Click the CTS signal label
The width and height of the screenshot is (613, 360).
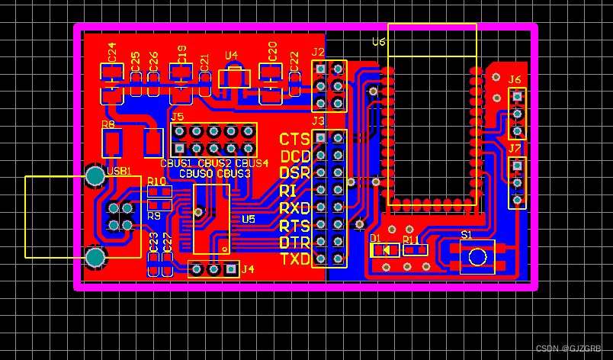(x=294, y=139)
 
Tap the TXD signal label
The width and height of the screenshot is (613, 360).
(x=295, y=259)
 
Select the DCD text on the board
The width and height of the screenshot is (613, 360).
(x=295, y=156)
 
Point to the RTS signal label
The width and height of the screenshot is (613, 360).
(x=294, y=226)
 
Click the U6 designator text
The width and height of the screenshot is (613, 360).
(x=379, y=42)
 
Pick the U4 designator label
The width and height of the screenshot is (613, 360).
(x=232, y=56)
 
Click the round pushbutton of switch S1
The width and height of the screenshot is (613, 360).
(x=478, y=256)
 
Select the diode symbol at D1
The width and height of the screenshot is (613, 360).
(x=386, y=249)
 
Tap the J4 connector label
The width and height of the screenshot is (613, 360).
(x=248, y=268)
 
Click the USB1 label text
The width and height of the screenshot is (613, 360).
(x=119, y=171)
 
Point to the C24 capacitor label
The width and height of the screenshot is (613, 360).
(x=112, y=52)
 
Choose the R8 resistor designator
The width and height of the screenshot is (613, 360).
(x=108, y=124)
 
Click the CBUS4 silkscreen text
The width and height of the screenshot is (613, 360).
(x=252, y=163)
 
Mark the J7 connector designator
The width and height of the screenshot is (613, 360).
(x=515, y=148)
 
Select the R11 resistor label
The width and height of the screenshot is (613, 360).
(x=411, y=239)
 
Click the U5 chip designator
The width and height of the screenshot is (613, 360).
(x=249, y=219)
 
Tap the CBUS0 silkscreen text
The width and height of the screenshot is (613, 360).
(x=196, y=174)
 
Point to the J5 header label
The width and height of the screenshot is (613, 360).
(x=178, y=117)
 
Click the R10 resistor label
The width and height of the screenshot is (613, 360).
(x=157, y=182)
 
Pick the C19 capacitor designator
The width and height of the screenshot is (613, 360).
(x=181, y=53)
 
